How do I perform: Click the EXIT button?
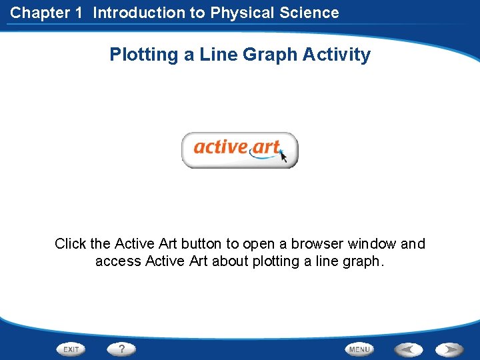tap(72, 349)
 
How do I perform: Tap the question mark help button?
tap(122, 349)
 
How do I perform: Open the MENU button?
tap(359, 349)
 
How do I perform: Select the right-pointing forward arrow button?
tap(451, 349)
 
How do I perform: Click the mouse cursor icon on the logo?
tap(283, 157)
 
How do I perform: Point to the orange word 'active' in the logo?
tap(221, 146)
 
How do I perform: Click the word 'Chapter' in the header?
tap(37, 13)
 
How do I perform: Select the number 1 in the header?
tap(78, 13)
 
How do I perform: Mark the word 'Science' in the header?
tap(312, 13)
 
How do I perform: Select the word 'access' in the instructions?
tap(117, 261)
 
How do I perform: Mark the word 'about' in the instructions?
tap(230, 261)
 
